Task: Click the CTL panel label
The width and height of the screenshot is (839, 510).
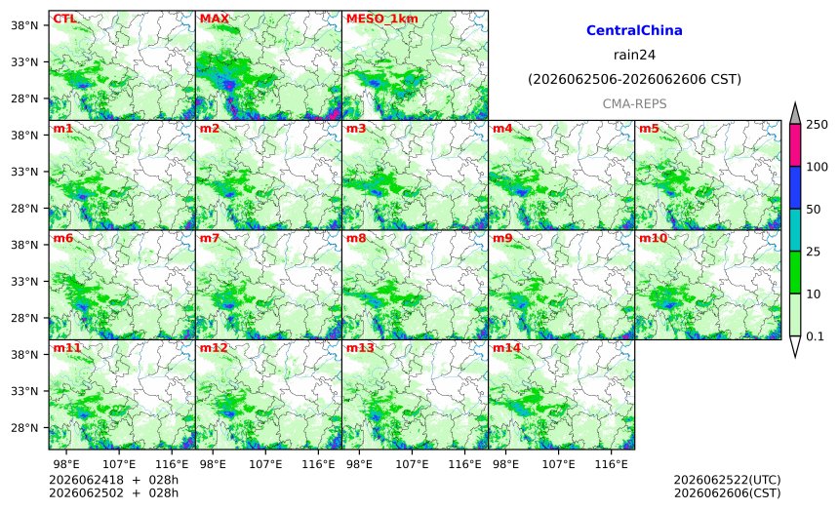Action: click(64, 19)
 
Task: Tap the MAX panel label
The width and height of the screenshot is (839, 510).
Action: click(214, 19)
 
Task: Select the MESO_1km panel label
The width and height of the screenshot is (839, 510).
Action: click(382, 19)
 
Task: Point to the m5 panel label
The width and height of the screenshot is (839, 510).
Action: click(649, 129)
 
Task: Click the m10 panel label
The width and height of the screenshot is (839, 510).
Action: click(653, 238)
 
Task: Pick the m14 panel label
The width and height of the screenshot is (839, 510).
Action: click(506, 348)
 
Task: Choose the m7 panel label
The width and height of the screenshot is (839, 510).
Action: click(210, 238)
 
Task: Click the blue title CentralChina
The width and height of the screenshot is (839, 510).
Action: click(634, 30)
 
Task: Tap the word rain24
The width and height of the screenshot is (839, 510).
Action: click(634, 55)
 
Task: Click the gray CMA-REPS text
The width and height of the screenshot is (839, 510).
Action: click(634, 103)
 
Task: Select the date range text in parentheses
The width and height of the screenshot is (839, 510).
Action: click(634, 80)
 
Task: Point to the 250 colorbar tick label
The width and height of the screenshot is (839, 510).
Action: click(818, 125)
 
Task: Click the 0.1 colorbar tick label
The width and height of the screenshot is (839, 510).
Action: click(815, 336)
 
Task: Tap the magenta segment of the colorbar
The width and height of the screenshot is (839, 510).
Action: click(795, 145)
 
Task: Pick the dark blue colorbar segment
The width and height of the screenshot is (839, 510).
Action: click(795, 187)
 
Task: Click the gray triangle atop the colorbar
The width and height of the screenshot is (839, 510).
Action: click(795, 115)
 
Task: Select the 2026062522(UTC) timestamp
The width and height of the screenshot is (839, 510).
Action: click(727, 480)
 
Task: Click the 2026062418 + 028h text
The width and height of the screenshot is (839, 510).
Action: click(113, 480)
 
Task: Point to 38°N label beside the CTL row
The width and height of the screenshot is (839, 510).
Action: click(24, 25)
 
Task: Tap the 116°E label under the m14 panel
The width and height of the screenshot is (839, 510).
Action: click(611, 464)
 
